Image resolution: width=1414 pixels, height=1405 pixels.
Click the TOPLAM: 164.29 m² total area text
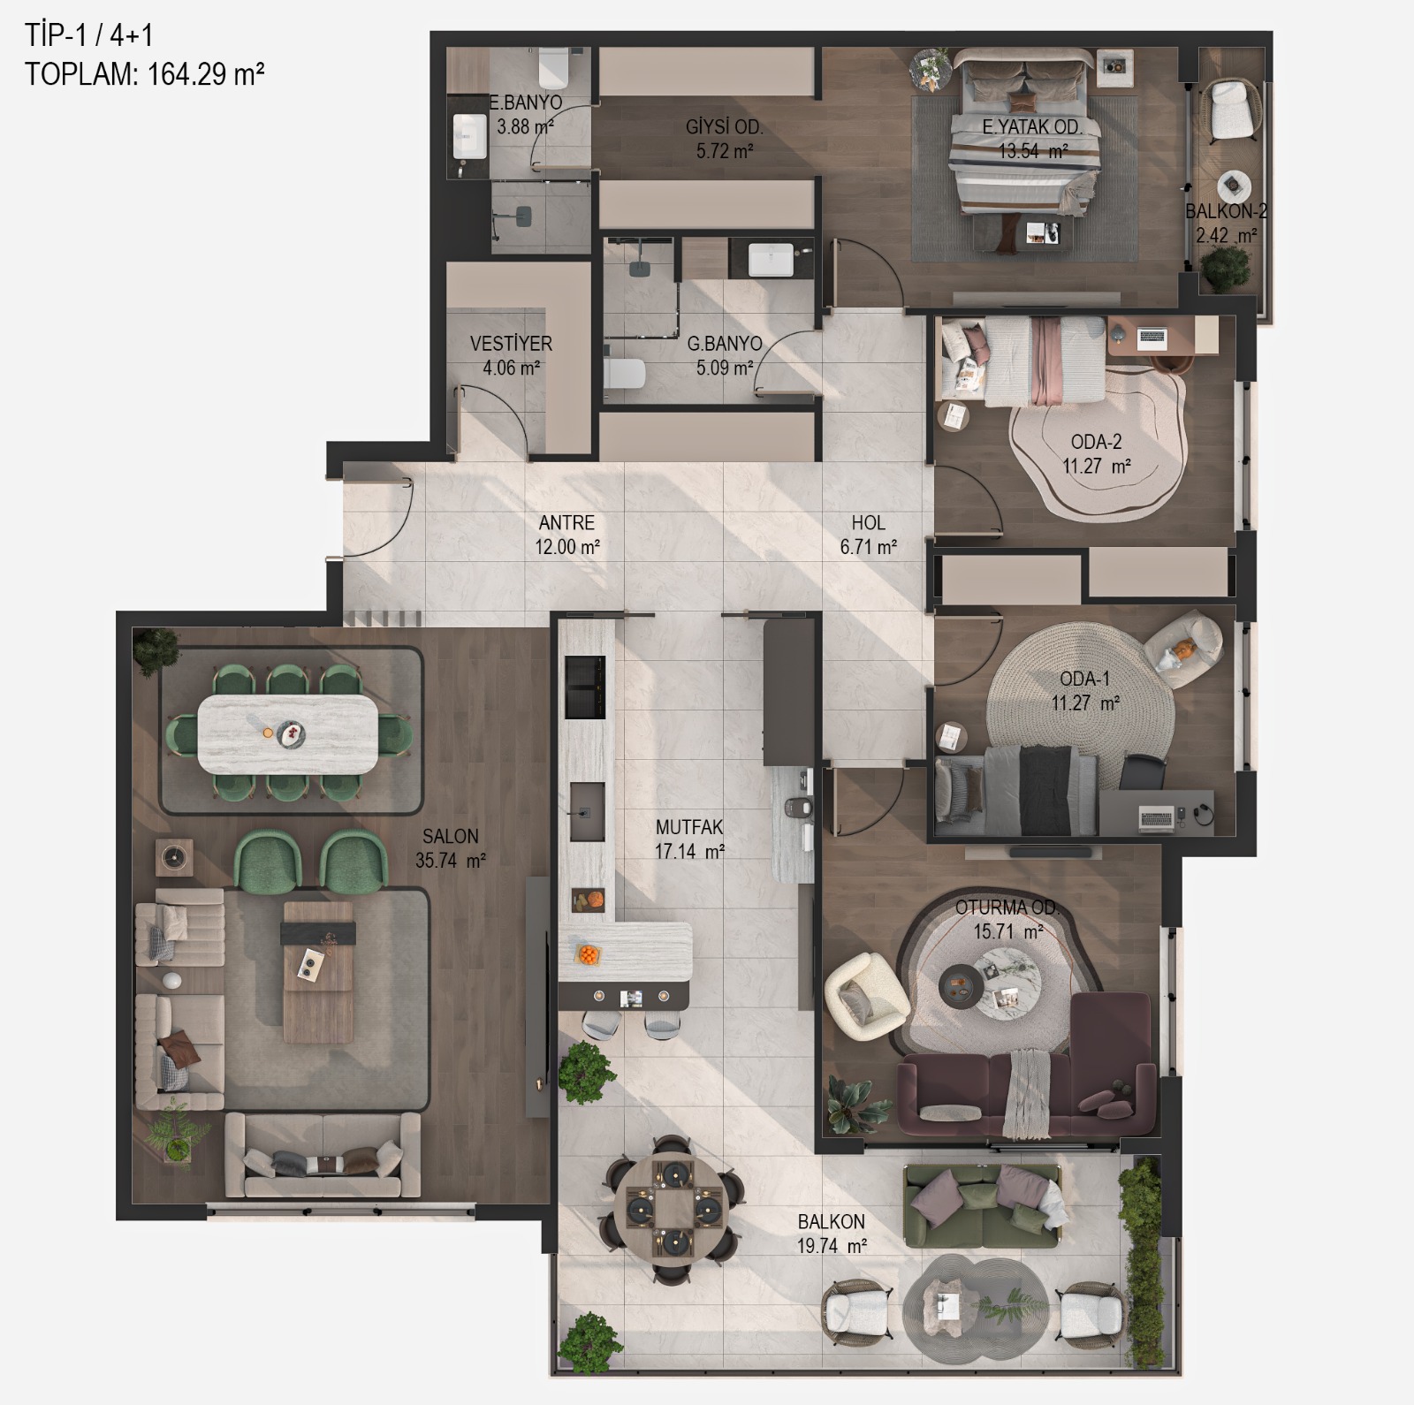click(145, 73)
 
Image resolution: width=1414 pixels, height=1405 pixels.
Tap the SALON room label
click(451, 836)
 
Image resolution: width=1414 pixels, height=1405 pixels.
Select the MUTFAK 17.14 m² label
click(689, 839)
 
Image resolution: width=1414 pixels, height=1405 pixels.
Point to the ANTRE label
click(566, 523)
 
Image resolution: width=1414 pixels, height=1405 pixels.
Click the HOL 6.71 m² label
click(869, 535)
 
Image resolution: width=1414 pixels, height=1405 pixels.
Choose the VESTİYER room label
click(511, 344)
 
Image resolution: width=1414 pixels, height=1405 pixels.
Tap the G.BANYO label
click(725, 344)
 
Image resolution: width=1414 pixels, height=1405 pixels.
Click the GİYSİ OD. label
click(725, 127)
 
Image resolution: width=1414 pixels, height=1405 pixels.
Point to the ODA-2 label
click(1096, 442)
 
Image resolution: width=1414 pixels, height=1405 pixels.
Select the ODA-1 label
click(1084, 679)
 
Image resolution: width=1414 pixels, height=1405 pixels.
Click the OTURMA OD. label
click(1007, 908)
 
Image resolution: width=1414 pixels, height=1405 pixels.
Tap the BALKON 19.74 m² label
click(832, 1234)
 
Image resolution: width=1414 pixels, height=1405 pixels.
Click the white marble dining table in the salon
click(287, 734)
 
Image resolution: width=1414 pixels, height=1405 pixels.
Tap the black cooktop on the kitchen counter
click(585, 687)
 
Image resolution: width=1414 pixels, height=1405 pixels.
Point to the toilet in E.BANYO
click(553, 64)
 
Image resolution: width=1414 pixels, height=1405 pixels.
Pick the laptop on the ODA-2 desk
click(1152, 337)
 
